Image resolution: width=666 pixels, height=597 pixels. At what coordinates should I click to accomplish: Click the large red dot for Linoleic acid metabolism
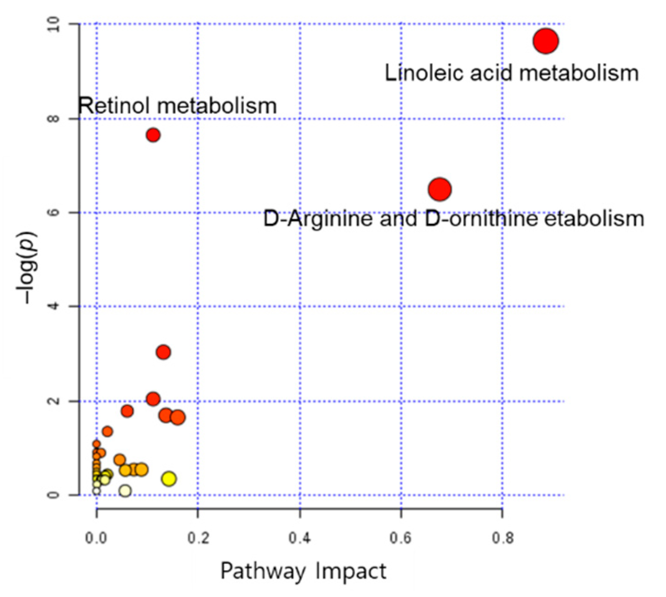coord(546,41)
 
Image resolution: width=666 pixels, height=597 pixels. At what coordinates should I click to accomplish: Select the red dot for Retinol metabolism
coord(153,135)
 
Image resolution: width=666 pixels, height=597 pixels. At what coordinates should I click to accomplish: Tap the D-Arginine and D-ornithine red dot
coord(439,189)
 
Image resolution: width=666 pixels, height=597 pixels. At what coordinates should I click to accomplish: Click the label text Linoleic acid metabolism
coord(512,73)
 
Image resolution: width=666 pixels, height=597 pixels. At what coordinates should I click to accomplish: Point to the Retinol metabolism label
coord(177,106)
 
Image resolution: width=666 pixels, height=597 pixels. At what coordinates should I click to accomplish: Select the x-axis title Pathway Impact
coord(303,570)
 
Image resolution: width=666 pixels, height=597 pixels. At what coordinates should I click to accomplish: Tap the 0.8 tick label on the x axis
coord(503,538)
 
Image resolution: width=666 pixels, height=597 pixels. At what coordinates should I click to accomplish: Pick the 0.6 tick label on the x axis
coord(401,538)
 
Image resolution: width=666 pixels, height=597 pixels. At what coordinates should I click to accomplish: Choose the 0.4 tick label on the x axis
coord(299,538)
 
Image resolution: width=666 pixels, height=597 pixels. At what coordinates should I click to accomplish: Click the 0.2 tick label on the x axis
coord(198,538)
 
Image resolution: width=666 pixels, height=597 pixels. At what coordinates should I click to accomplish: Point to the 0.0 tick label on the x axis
coord(97,538)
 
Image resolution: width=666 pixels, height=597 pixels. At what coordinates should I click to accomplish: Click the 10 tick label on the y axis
coord(55,24)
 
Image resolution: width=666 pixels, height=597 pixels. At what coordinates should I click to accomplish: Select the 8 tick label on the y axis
coord(55,119)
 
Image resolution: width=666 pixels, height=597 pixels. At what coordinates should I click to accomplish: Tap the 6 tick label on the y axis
coord(55,212)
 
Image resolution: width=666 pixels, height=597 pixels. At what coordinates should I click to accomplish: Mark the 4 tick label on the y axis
coord(55,307)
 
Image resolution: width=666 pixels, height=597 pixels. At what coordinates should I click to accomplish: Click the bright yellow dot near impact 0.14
coord(169,478)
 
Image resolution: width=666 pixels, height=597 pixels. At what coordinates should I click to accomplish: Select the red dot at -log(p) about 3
coord(163,352)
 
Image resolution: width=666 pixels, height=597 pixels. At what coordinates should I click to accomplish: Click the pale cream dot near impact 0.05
coord(125,490)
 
